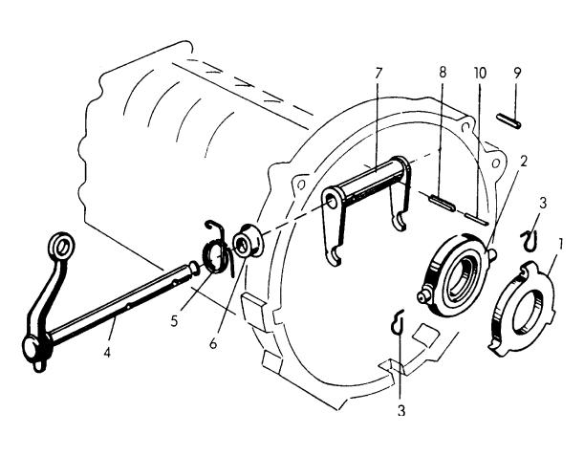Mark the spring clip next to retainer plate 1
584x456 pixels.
[x=529, y=238]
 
